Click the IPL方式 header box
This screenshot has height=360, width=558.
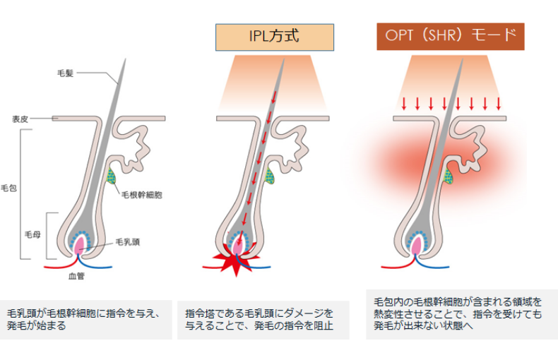(274, 37)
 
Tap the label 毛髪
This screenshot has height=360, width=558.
(66, 73)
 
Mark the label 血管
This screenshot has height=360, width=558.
(77, 277)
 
